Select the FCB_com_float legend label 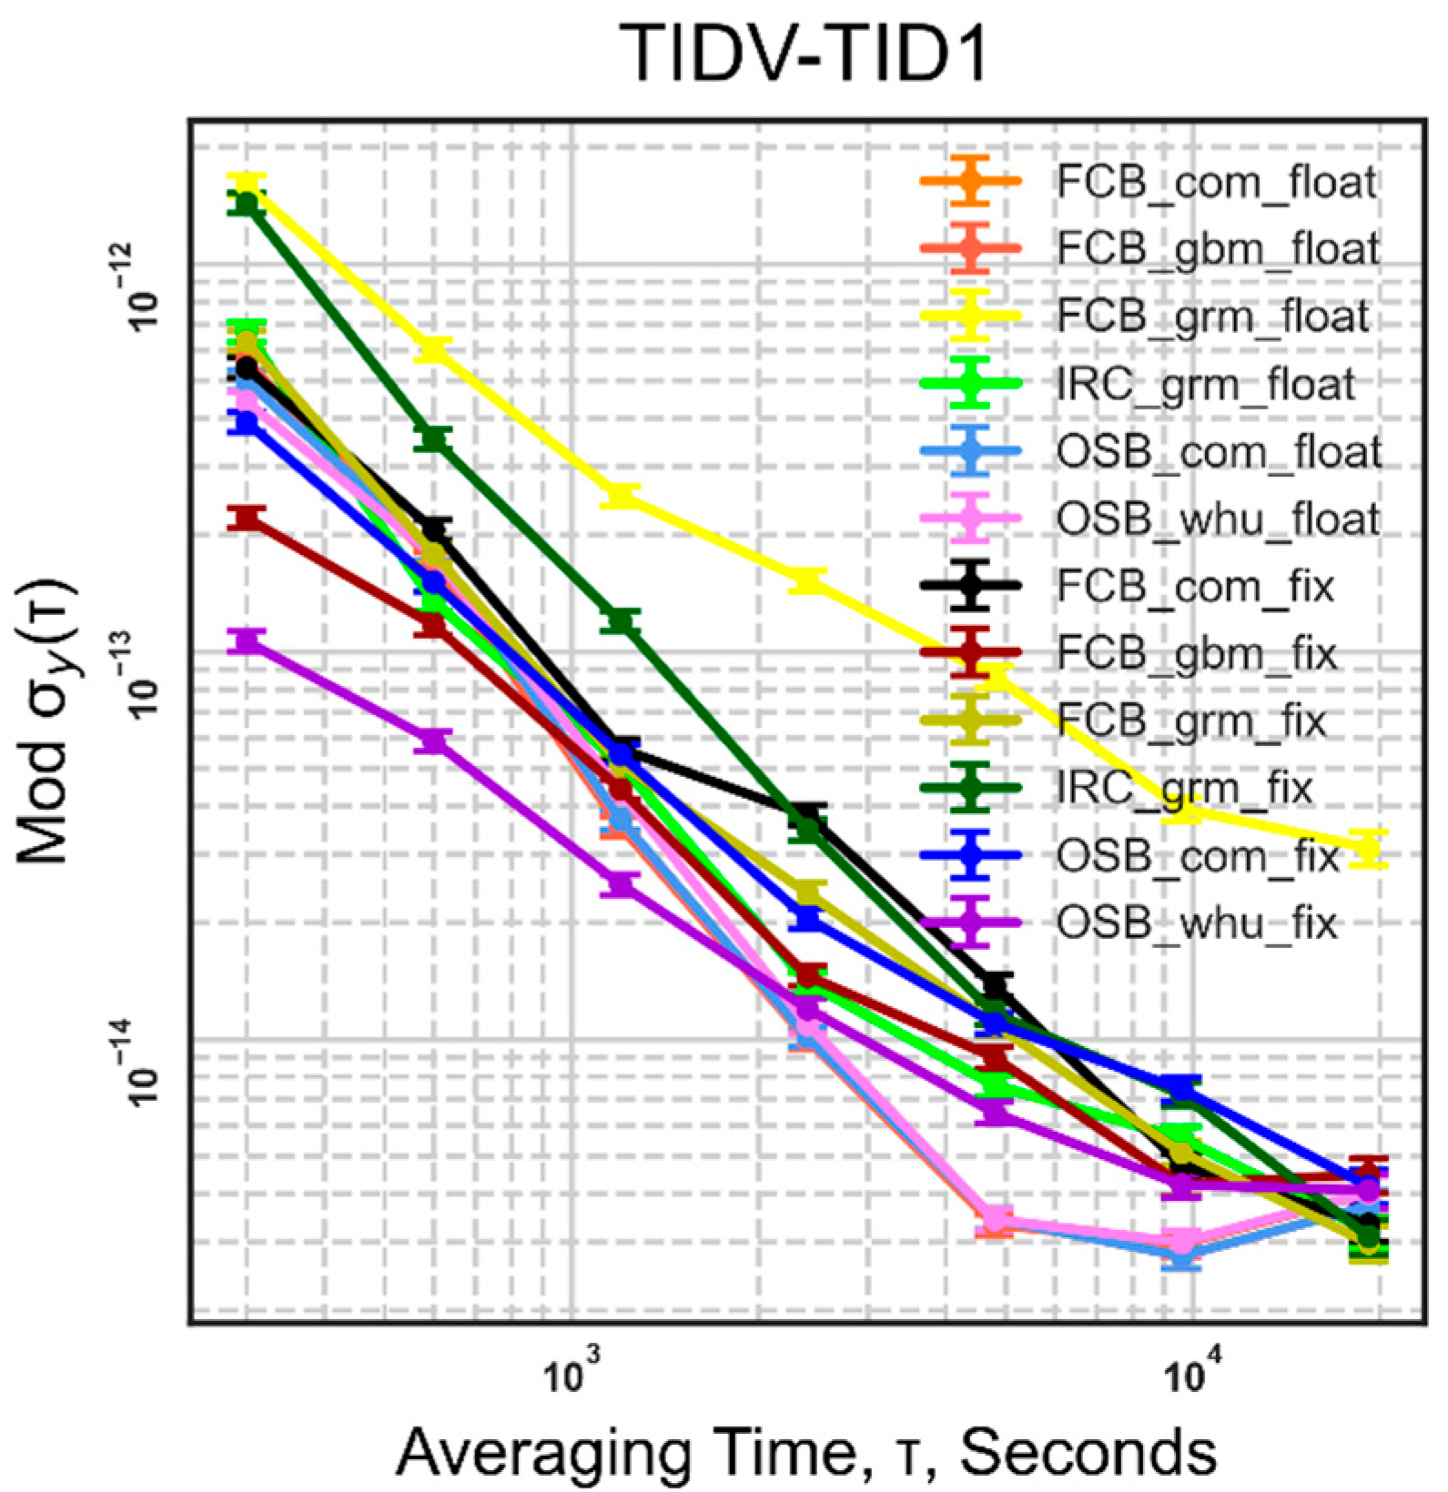coord(1217,182)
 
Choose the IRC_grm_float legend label coord(1207,384)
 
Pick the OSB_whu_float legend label coord(1219,519)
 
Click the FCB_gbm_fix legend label coord(1196,654)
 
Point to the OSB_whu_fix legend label coord(1197,923)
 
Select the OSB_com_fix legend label coord(1198,856)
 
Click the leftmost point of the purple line coord(247,641)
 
